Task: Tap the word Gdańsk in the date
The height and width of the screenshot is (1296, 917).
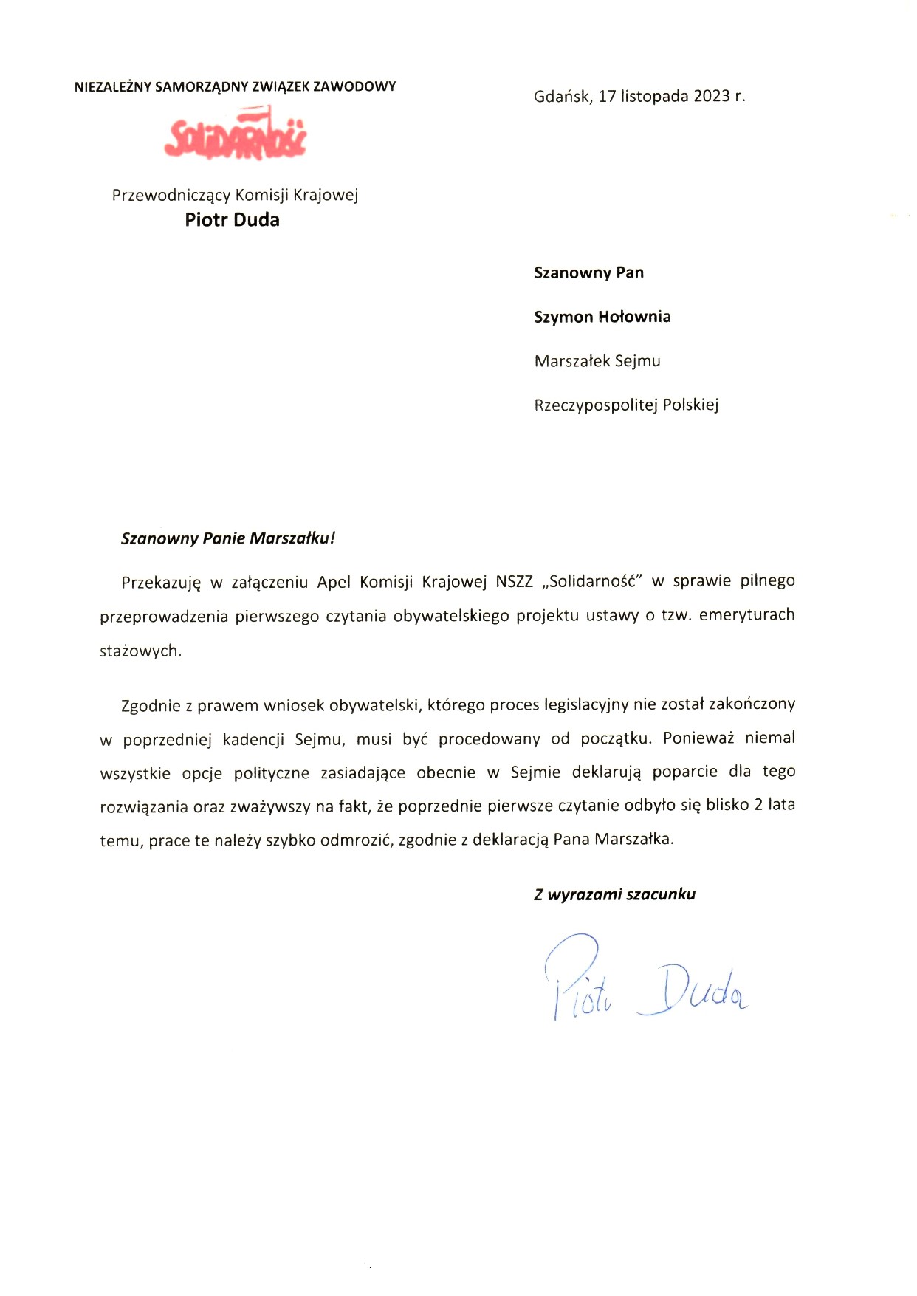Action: click(x=562, y=96)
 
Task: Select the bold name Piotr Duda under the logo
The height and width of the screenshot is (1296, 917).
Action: click(x=232, y=219)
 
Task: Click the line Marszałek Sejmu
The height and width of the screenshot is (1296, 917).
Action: click(x=597, y=361)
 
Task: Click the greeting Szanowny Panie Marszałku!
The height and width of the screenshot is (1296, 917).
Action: click(x=227, y=538)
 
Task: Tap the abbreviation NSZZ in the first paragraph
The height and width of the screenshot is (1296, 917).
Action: click(x=514, y=581)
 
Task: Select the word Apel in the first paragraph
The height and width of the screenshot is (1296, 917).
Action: click(x=334, y=582)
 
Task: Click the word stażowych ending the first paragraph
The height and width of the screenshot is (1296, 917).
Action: click(x=140, y=651)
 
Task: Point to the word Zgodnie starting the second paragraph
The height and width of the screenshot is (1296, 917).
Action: click(x=151, y=705)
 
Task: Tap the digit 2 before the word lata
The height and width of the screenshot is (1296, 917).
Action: click(x=758, y=805)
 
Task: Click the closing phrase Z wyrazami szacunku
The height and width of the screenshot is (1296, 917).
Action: click(x=614, y=894)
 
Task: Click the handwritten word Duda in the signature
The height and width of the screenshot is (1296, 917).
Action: click(x=694, y=990)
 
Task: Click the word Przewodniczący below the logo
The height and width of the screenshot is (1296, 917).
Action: click(x=171, y=196)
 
